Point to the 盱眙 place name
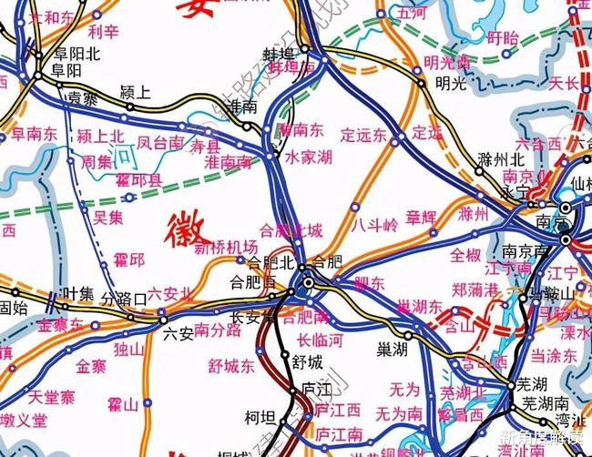click(x=502, y=37)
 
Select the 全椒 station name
click(x=465, y=253)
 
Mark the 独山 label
click(x=129, y=349)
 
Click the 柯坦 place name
click(x=260, y=418)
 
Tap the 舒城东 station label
click(x=230, y=366)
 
